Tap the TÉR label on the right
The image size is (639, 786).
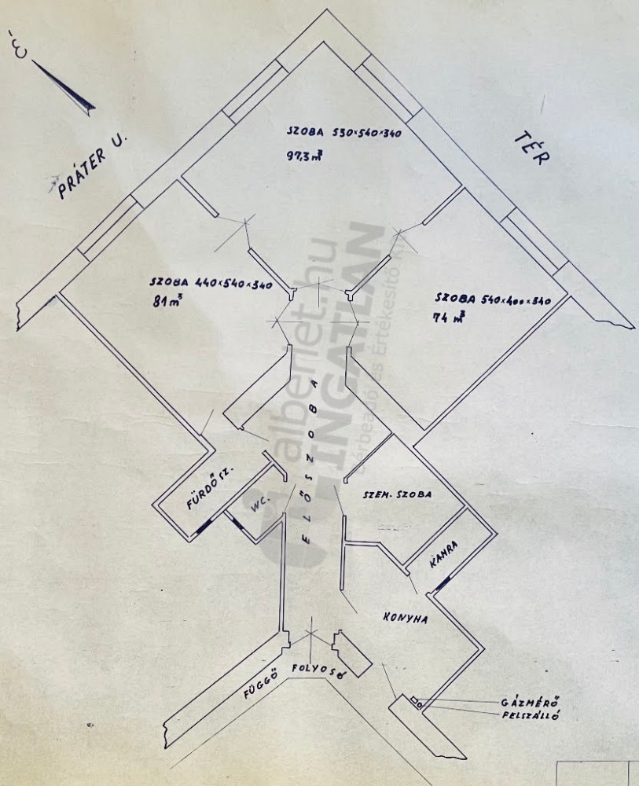pyautogui.click(x=532, y=147)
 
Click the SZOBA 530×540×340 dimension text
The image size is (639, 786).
pyautogui.click(x=343, y=134)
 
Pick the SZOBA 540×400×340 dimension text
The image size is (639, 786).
pyautogui.click(x=491, y=299)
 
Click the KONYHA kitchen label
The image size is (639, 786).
pyautogui.click(x=406, y=619)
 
